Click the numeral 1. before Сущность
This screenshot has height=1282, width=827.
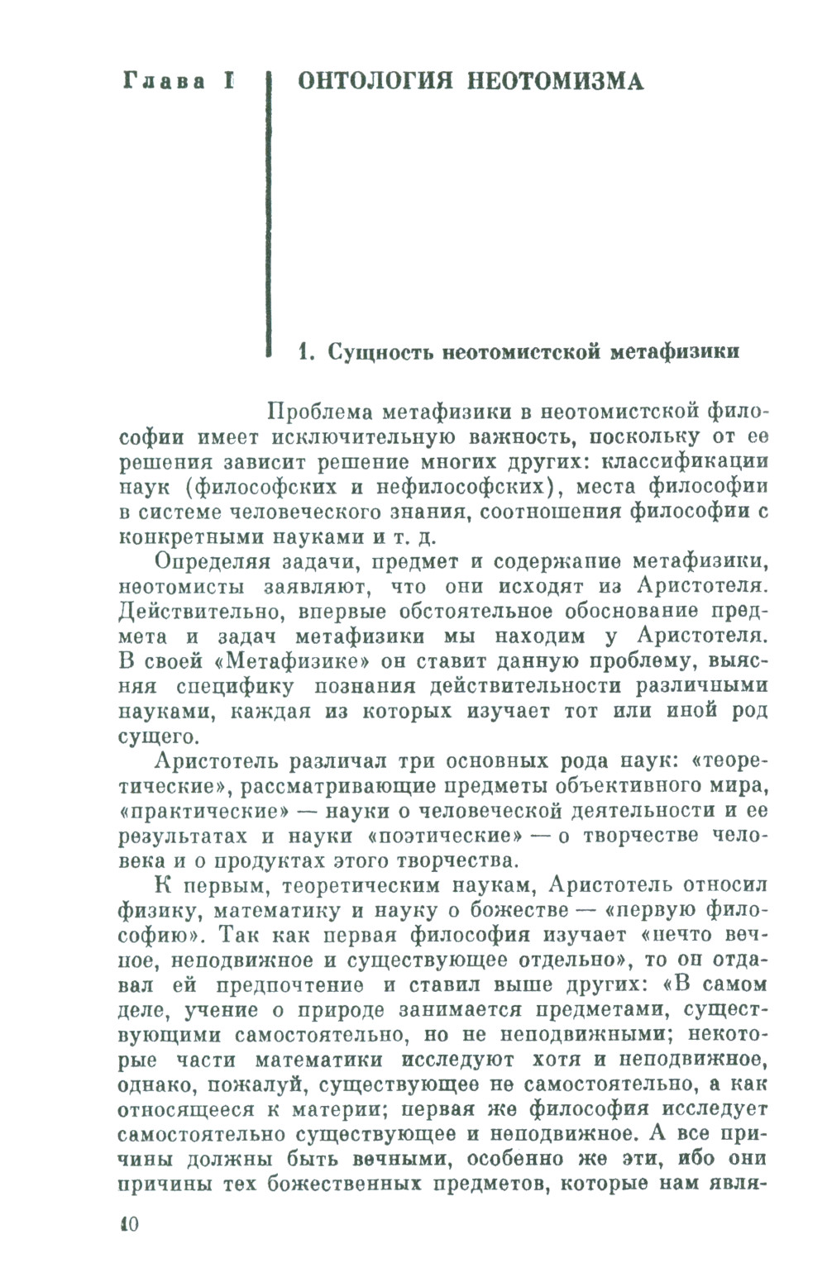[305, 352]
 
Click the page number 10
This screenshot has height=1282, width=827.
[129, 1225]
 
